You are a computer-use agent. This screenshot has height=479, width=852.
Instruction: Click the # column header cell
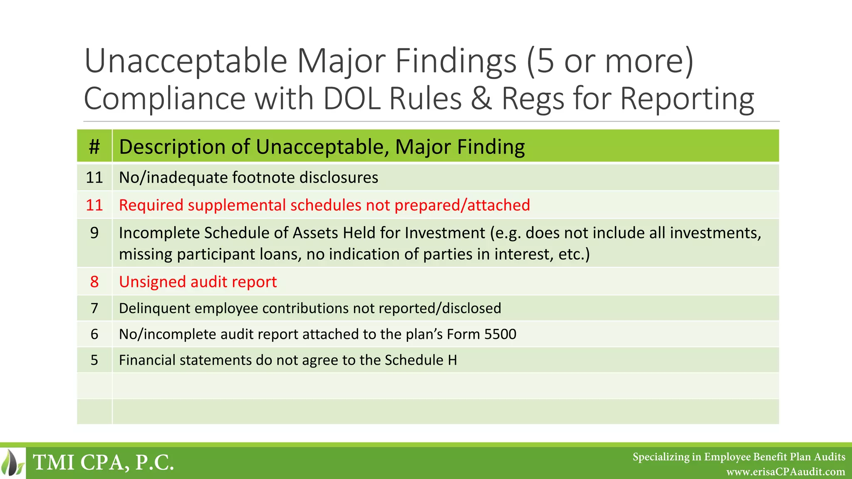[x=94, y=146]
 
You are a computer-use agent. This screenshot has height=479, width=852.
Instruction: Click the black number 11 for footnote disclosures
[x=94, y=178]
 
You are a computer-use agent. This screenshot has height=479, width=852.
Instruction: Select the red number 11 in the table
[x=94, y=205]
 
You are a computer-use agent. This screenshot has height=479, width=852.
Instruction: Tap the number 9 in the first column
[x=94, y=233]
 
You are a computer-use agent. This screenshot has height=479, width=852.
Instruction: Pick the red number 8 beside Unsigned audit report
[x=94, y=282]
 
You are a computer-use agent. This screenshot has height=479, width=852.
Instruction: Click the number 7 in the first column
[x=94, y=308]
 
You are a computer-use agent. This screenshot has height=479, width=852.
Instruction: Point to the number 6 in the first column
[x=94, y=334]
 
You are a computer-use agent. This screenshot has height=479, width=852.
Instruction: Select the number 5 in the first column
[x=94, y=360]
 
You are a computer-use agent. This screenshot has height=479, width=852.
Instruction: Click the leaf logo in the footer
[x=12, y=463]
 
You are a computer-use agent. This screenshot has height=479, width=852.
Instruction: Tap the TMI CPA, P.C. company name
[x=103, y=462]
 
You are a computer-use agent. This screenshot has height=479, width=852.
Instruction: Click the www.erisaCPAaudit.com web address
[x=785, y=472]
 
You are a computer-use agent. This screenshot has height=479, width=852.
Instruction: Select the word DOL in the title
[x=352, y=99]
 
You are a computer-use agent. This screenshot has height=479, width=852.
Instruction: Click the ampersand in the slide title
[x=481, y=99]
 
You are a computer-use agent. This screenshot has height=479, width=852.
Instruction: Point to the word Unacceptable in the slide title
[x=186, y=61]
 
